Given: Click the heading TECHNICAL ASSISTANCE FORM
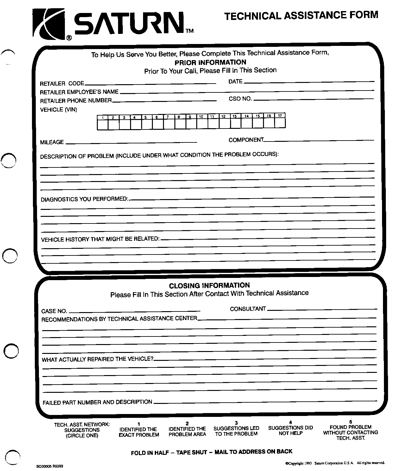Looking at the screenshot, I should (x=301, y=15).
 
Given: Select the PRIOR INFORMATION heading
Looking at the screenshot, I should (x=210, y=62).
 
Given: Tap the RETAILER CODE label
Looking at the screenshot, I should (x=62, y=84).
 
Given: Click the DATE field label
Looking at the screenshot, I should (x=235, y=82).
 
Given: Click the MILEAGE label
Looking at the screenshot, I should (x=52, y=142).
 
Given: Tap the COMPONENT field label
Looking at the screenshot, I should (x=246, y=140).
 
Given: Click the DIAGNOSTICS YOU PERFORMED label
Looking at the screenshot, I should (x=84, y=199).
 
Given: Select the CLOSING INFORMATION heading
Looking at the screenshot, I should (x=209, y=286).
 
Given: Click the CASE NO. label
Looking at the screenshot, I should (x=54, y=311).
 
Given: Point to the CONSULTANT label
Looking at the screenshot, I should (x=248, y=309).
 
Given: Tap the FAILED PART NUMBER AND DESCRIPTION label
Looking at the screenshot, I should (x=97, y=402).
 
